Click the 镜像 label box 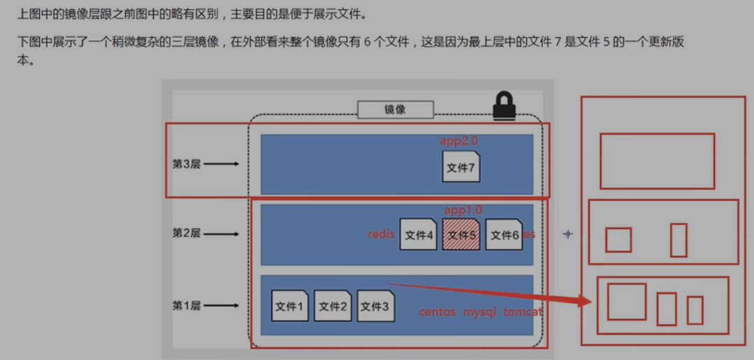pyautogui.click(x=396, y=109)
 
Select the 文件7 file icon pyautogui.click(x=461, y=167)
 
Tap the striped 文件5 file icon pyautogui.click(x=461, y=235)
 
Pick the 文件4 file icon pyautogui.click(x=419, y=235)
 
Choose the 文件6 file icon pyautogui.click(x=504, y=235)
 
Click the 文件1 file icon pyautogui.click(x=290, y=306)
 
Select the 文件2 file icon pyautogui.click(x=333, y=306)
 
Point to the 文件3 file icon pyautogui.click(x=375, y=306)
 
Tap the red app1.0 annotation pyautogui.click(x=463, y=210)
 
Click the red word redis pyautogui.click(x=382, y=234)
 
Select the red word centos pyautogui.click(x=437, y=312)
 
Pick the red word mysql pyautogui.click(x=479, y=312)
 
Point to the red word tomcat pyautogui.click(x=523, y=312)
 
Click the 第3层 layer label pyautogui.click(x=186, y=164)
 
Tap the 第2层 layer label pyautogui.click(x=186, y=233)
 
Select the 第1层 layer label pyautogui.click(x=186, y=305)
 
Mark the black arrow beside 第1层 pyautogui.click(x=222, y=305)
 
